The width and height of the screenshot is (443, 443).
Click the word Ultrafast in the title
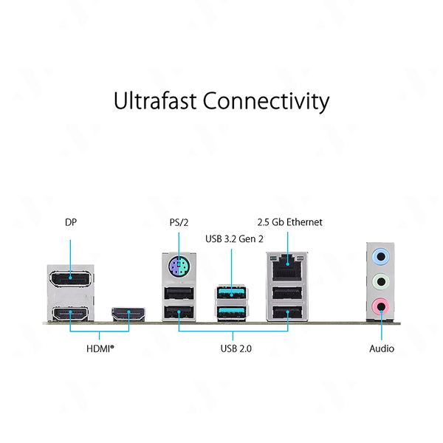click(155, 100)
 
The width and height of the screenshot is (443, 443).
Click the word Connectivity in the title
click(266, 102)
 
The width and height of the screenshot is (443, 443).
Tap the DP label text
click(71, 222)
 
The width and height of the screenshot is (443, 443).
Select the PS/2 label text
click(179, 222)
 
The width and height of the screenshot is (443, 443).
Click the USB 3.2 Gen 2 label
click(234, 239)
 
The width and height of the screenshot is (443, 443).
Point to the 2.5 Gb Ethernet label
click(289, 222)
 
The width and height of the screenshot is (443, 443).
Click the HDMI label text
click(100, 348)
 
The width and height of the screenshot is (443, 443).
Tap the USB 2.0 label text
click(236, 348)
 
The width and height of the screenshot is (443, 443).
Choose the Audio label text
click(382, 348)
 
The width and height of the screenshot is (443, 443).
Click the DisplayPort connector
click(71, 278)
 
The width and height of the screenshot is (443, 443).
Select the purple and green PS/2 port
click(178, 266)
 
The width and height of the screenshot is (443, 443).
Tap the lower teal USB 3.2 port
click(231, 312)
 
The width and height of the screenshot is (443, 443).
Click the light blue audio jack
click(380, 257)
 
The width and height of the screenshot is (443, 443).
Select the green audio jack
click(380, 282)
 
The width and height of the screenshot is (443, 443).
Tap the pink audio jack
click(380, 306)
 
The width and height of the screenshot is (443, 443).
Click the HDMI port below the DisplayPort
click(70, 314)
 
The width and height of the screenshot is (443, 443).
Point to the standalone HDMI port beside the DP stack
click(128, 315)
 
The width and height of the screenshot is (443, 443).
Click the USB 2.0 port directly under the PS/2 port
click(179, 294)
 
